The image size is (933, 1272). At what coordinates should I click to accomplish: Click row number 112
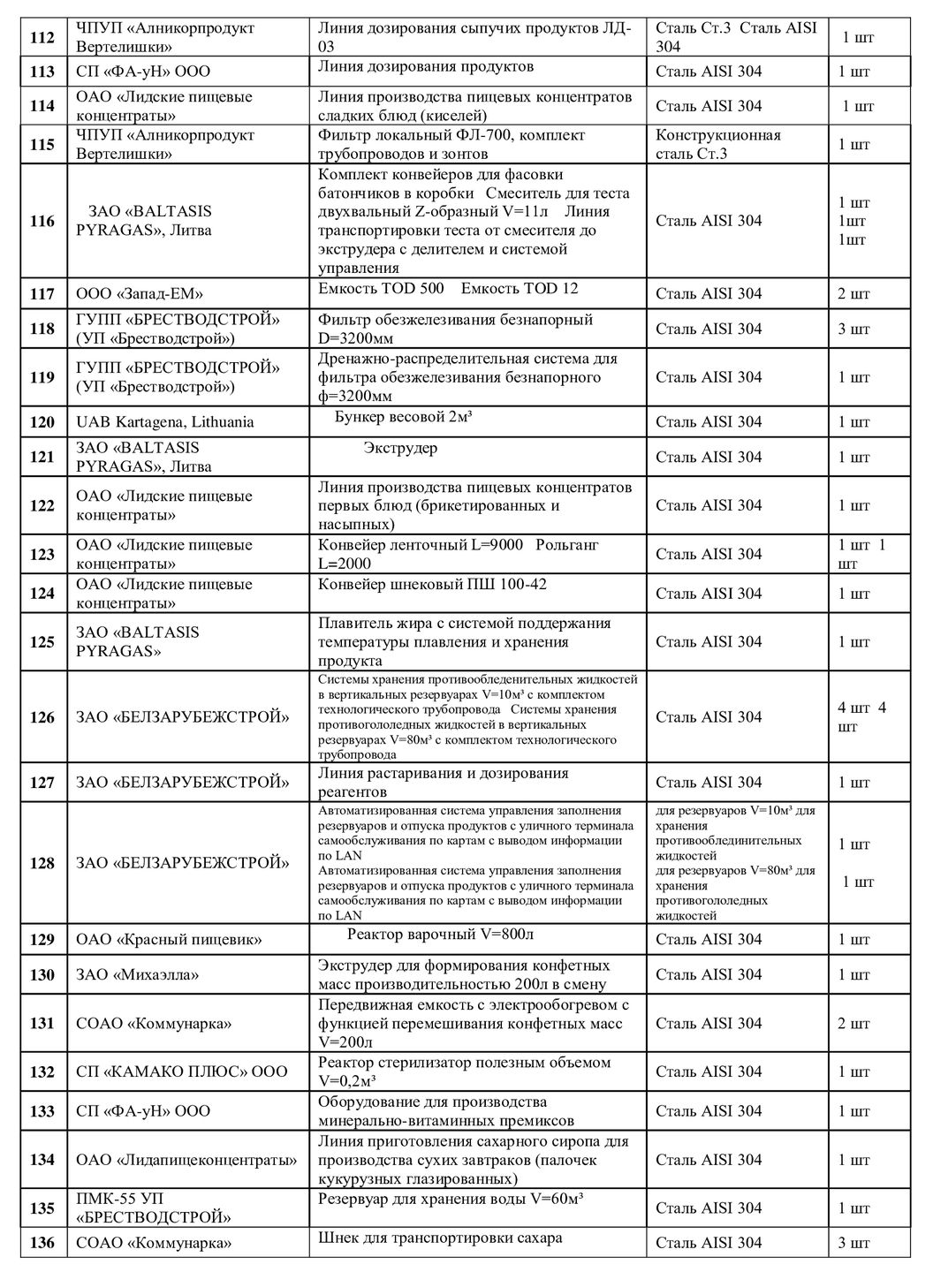pyautogui.click(x=42, y=37)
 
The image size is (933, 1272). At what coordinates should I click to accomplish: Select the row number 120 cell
pyautogui.click(x=42, y=421)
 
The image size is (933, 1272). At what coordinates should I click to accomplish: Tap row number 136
pyautogui.click(x=42, y=1243)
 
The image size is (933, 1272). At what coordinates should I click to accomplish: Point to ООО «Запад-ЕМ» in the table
pyautogui.click(x=133, y=293)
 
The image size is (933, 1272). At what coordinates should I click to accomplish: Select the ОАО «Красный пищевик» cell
pyautogui.click(x=169, y=939)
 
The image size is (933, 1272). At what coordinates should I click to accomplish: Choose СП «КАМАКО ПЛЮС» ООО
pyautogui.click(x=181, y=1071)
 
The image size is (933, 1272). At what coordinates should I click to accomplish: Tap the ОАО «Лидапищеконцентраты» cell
pyautogui.click(x=186, y=1159)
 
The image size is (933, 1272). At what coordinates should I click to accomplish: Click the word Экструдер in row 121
pyautogui.click(x=400, y=448)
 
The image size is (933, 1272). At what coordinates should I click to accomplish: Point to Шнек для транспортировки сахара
pyautogui.click(x=440, y=1238)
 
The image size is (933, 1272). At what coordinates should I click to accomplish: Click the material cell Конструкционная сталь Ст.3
pyautogui.click(x=717, y=144)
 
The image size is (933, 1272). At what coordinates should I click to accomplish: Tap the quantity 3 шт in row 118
pyautogui.click(x=853, y=329)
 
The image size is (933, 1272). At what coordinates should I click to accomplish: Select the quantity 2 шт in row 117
pyautogui.click(x=853, y=293)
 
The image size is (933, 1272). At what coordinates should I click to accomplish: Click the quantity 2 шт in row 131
pyautogui.click(x=853, y=1023)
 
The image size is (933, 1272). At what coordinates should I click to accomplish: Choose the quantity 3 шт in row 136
pyautogui.click(x=853, y=1243)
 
